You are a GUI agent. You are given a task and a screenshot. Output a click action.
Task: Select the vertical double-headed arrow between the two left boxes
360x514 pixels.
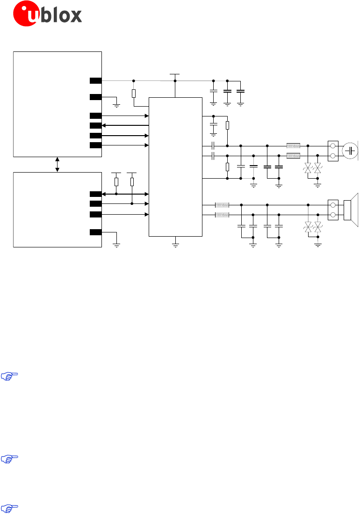tap(58, 164)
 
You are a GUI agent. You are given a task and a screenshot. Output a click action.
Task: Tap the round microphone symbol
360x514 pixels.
tap(350, 151)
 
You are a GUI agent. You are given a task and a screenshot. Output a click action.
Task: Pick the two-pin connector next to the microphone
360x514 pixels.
tap(333, 151)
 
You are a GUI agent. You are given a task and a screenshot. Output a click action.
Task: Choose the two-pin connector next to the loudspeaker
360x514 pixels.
tap(333, 210)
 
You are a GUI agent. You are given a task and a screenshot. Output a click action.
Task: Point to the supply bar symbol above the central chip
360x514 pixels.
tap(175, 74)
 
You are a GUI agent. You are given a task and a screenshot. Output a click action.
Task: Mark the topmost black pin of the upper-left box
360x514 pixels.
tap(96, 80)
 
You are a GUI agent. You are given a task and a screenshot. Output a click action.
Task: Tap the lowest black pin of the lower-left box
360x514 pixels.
tap(96, 232)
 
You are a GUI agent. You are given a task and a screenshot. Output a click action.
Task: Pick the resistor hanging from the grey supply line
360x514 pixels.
tap(134, 94)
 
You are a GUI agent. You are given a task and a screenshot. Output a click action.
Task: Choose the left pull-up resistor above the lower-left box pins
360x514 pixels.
tap(116, 182)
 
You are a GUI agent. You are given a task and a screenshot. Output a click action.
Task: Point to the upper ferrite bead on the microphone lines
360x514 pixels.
tap(293, 145)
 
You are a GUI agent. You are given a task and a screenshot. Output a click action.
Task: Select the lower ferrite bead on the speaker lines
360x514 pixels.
tap(222, 215)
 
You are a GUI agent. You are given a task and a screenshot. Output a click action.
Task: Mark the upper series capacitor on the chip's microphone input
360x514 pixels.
tap(213, 145)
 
